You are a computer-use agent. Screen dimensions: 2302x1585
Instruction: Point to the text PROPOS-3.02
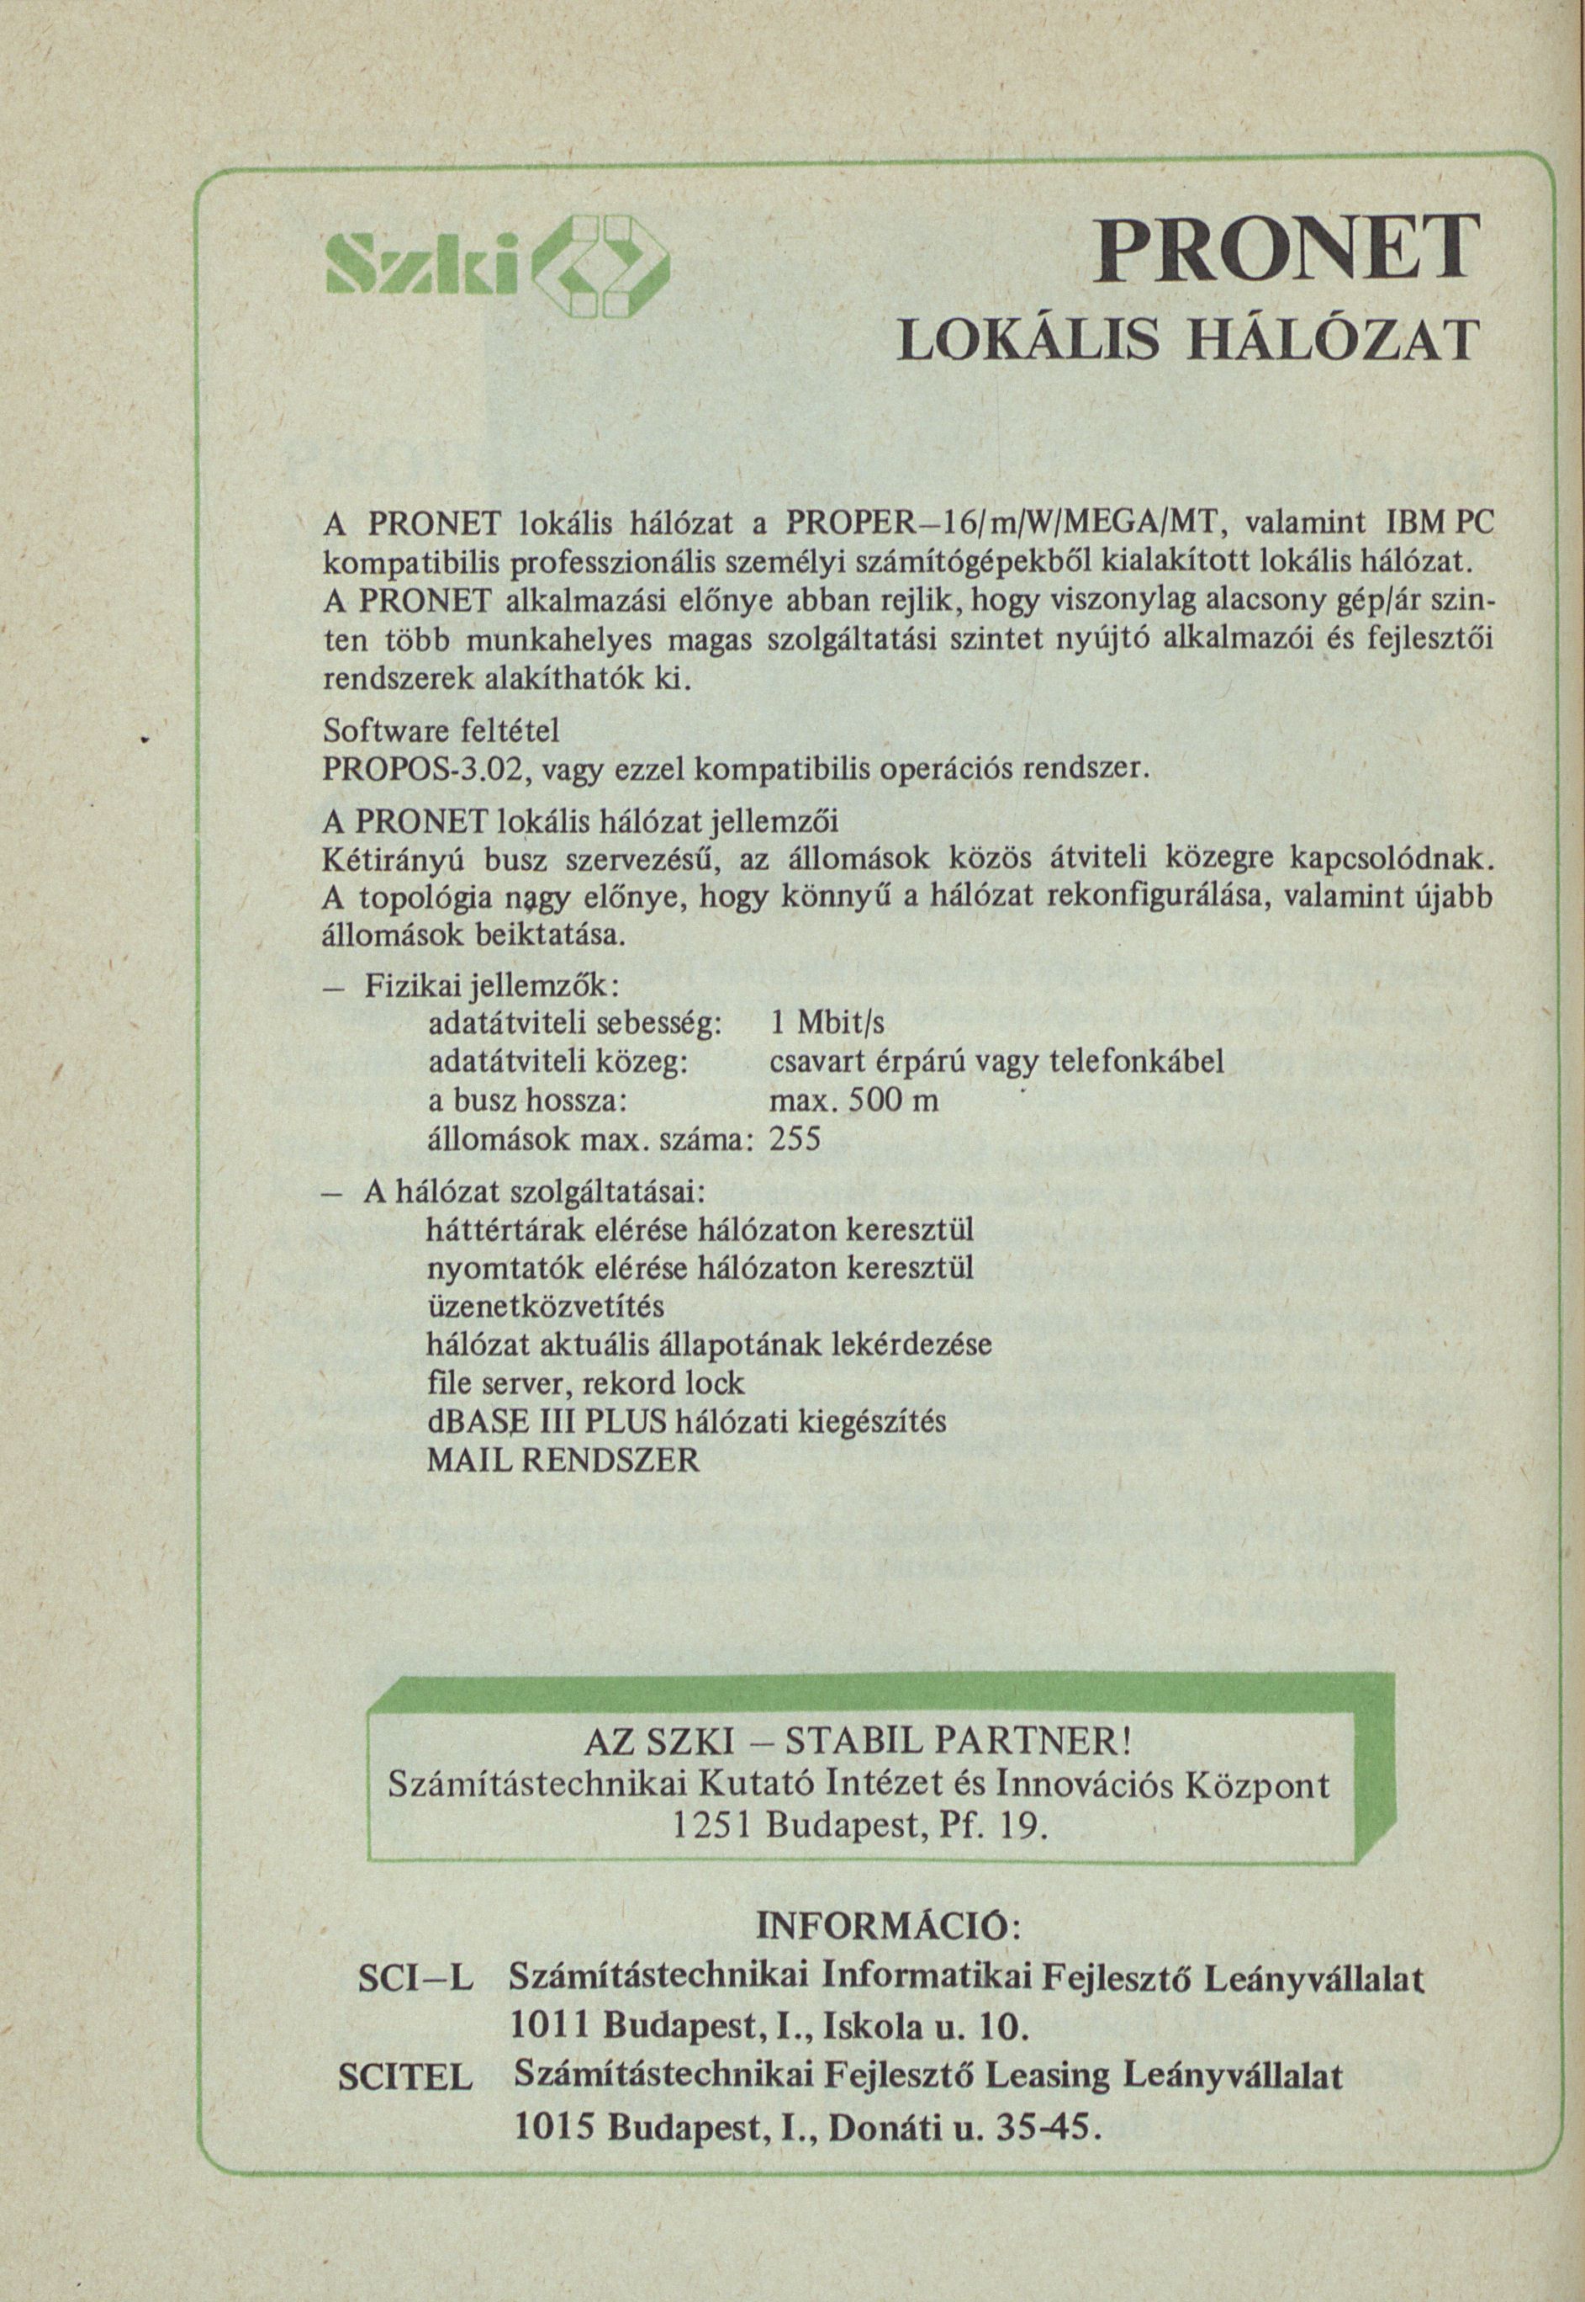click(x=404, y=769)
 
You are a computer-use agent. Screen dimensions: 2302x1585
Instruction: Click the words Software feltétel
click(x=442, y=729)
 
